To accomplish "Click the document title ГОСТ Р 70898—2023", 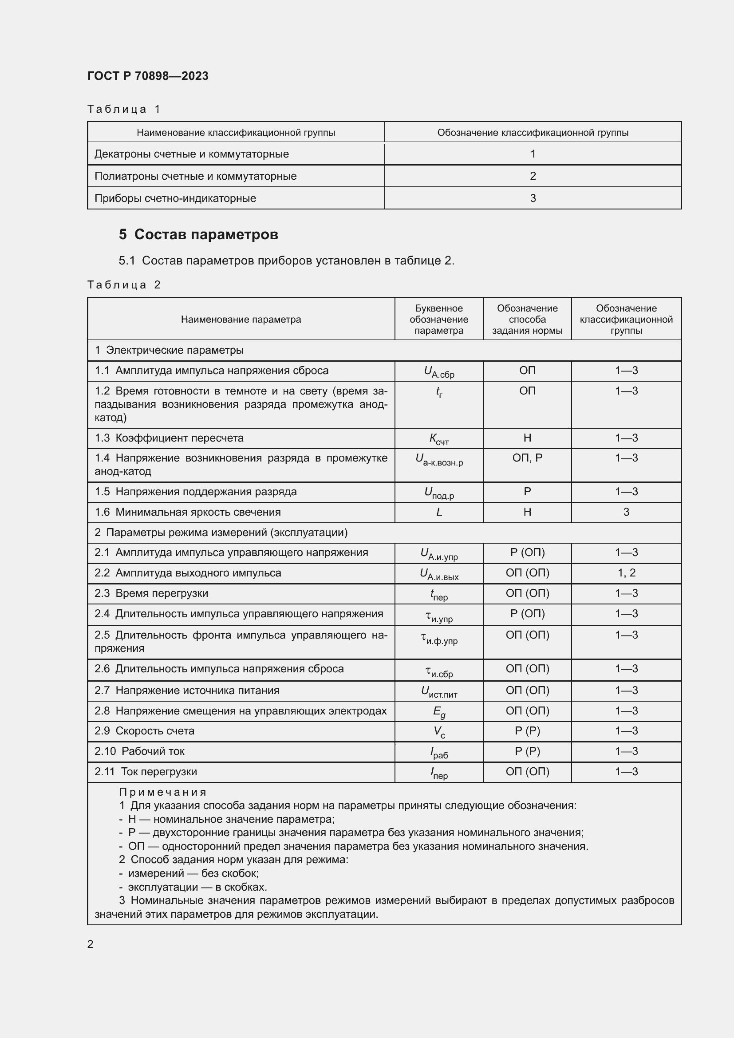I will (148, 76).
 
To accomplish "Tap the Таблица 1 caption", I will (124, 109).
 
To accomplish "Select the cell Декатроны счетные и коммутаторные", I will (192, 154).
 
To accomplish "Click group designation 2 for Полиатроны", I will (533, 176).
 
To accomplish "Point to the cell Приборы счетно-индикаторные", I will (175, 198).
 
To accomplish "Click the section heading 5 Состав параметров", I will (198, 234).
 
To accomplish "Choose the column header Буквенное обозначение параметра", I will (438, 319).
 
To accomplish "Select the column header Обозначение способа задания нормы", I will (527, 319).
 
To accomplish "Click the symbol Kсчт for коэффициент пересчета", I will (438, 438).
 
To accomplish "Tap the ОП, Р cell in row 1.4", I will (527, 458).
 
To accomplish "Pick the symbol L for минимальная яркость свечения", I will (438, 512).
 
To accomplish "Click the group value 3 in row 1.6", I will (626, 512).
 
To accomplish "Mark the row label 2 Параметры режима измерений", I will (221, 532).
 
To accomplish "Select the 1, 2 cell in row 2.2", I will (626, 573).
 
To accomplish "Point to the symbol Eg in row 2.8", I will (438, 711).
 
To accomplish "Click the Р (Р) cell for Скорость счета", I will (527, 731).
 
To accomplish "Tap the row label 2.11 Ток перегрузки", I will (146, 772).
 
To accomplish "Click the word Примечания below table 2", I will (163, 792).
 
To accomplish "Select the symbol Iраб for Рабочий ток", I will (438, 752).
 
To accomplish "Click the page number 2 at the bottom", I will (91, 944).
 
